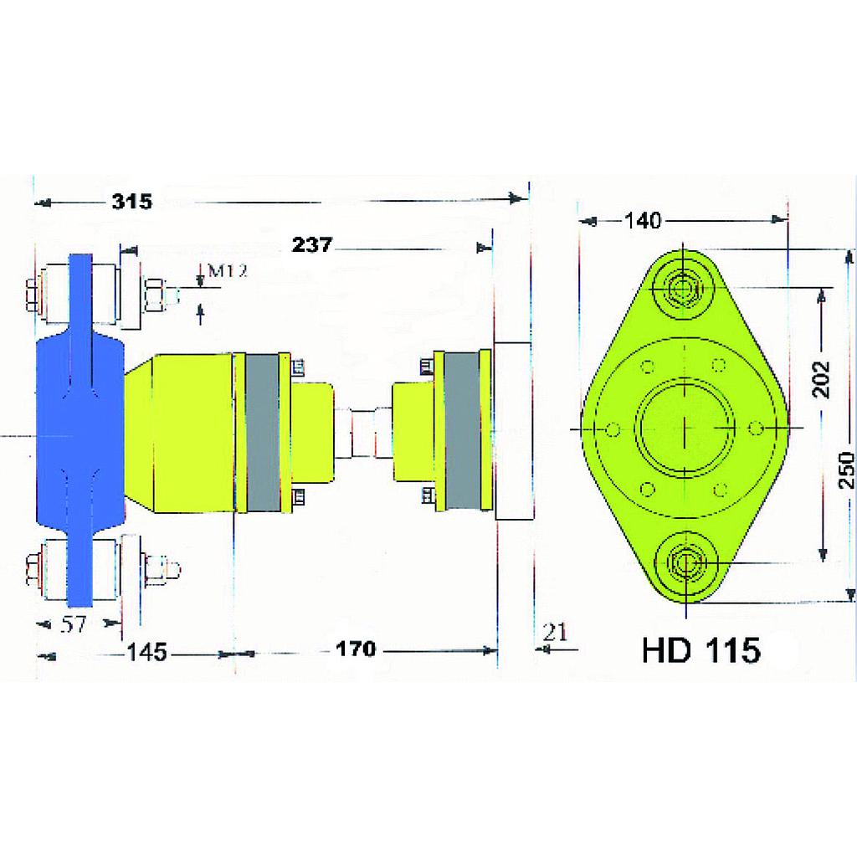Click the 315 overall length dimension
tap(131, 202)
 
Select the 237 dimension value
tap(311, 244)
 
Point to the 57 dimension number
tap(74, 624)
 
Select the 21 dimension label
tap(555, 632)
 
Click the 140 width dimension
tap(641, 221)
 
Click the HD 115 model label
tap(701, 650)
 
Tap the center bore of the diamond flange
tap(684, 427)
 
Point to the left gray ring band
tap(262, 431)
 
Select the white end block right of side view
tap(512, 430)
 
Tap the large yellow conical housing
tap(184, 431)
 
